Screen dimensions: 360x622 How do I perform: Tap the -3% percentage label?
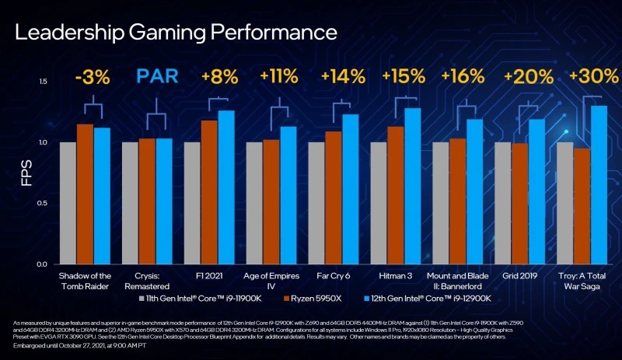[93, 77]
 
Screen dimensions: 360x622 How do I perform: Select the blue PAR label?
[158, 77]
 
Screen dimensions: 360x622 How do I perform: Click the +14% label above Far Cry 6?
[343, 77]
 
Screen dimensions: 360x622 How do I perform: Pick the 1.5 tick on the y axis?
[43, 82]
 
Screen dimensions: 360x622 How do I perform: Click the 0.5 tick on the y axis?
[43, 203]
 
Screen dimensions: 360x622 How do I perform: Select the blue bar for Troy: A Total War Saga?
[599, 185]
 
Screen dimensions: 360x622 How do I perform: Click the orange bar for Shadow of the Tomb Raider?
[85, 194]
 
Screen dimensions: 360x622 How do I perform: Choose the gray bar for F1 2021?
[192, 203]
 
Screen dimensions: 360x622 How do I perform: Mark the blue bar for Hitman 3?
[412, 187]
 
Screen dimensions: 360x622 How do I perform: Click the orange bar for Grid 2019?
[519, 204]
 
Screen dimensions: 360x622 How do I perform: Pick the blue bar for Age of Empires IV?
[288, 196]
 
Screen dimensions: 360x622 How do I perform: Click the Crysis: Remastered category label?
[147, 281]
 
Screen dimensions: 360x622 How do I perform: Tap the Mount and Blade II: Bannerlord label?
[457, 281]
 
